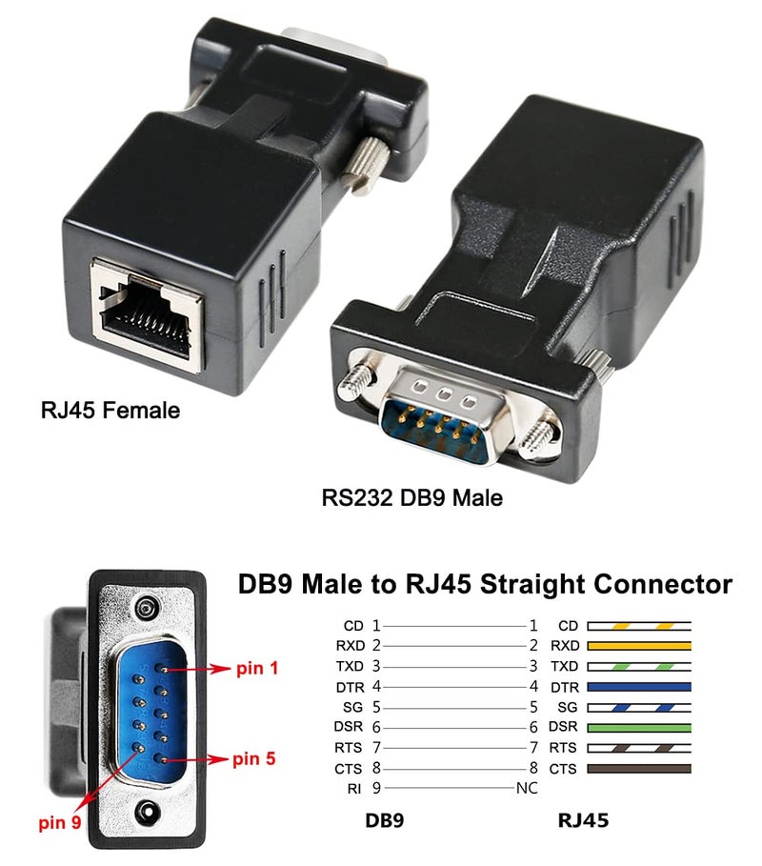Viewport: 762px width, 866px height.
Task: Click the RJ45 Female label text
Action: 110,411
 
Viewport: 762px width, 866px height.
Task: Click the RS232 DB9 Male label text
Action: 411,497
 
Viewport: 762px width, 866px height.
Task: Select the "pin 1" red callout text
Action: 257,669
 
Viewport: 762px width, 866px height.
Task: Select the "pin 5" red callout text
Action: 254,759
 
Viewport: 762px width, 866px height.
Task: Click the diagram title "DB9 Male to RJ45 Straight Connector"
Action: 485,584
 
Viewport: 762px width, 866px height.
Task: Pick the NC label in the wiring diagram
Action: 527,788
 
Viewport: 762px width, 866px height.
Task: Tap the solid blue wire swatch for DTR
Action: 639,686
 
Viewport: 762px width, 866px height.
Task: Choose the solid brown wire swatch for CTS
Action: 639,768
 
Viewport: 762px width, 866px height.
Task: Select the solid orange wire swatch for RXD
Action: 639,646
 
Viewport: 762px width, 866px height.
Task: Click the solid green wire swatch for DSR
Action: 639,727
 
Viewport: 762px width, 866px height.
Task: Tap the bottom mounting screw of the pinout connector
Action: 145,812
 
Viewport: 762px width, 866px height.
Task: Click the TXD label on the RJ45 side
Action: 566,666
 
